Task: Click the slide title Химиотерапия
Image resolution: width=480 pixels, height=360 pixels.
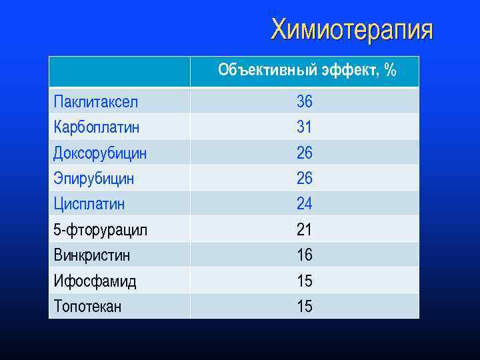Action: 351,30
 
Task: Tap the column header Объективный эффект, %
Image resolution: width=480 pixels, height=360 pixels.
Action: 307,70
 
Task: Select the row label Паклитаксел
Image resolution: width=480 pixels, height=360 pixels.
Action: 96,102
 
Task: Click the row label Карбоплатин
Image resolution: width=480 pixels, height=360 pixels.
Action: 97,127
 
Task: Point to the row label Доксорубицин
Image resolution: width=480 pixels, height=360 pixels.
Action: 100,153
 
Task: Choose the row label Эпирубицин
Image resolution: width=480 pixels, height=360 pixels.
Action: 94,179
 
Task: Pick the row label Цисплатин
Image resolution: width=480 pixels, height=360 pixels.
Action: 89,203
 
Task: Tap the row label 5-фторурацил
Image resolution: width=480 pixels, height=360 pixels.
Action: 101,230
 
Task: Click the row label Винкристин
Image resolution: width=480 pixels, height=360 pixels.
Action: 92,255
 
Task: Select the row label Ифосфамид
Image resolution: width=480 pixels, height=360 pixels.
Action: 95,281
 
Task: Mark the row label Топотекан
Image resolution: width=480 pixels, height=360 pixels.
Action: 87,307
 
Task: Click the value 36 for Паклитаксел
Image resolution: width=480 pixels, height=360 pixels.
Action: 305,102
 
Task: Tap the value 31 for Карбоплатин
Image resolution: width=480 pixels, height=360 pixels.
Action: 305,127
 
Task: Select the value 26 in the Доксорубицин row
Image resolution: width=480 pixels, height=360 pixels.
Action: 305,153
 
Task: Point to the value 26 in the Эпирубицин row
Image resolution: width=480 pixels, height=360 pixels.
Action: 305,179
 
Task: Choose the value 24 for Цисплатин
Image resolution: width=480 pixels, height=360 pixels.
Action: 305,203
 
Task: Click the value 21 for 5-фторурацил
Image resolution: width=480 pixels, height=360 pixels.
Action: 305,230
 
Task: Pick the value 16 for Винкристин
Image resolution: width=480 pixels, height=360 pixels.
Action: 305,255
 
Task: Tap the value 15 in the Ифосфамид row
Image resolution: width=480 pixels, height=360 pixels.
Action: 305,281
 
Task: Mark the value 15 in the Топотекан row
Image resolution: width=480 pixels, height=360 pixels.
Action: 305,307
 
